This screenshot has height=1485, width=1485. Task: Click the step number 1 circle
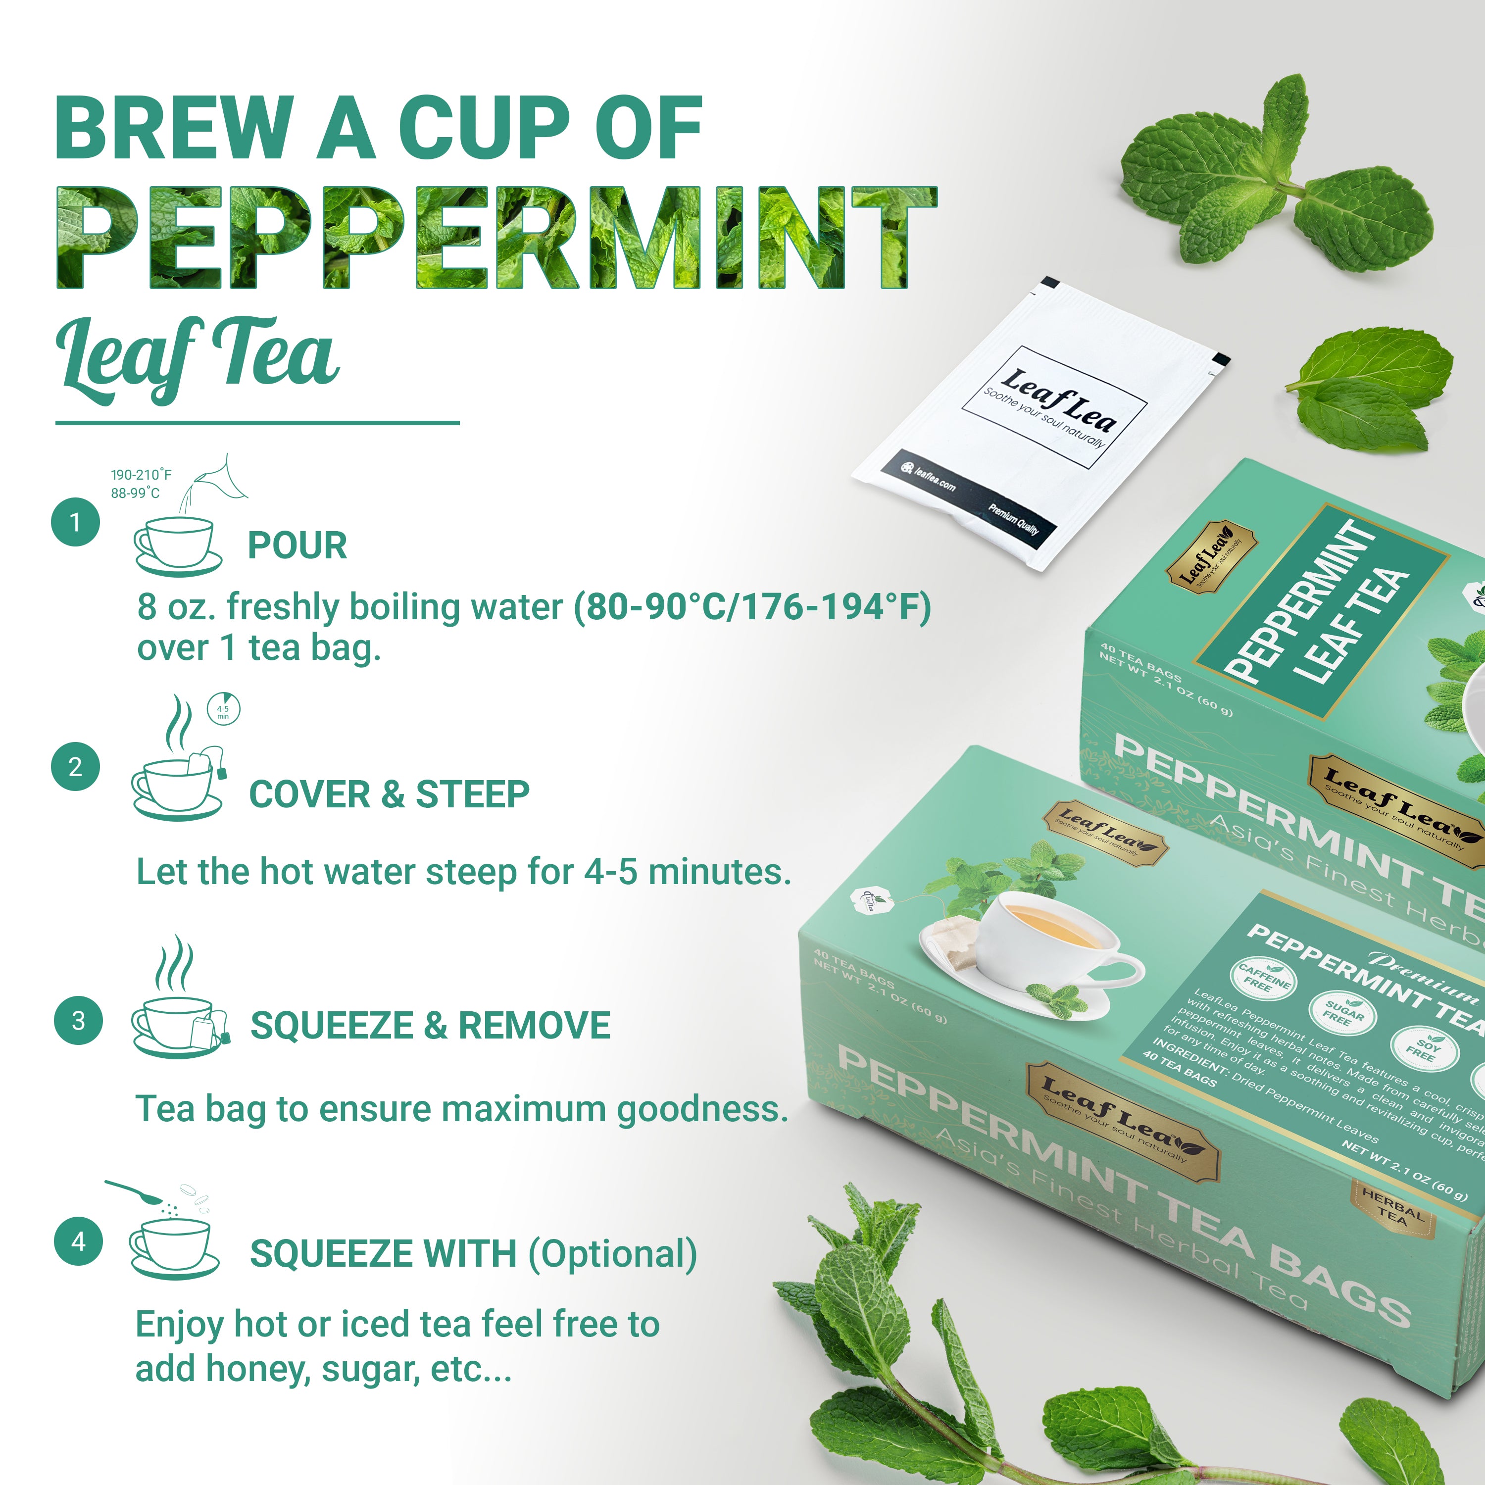[75, 523]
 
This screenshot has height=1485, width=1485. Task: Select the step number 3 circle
[78, 1021]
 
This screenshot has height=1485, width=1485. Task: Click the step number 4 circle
[78, 1241]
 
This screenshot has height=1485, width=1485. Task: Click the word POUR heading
[297, 545]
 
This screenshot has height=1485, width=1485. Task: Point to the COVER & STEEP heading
[389, 794]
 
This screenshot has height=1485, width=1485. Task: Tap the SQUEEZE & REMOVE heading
[431, 1025]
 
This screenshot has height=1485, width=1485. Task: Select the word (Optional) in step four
[613, 1254]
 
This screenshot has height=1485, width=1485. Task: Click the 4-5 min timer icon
[224, 709]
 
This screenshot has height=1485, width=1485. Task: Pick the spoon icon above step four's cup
[135, 1192]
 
